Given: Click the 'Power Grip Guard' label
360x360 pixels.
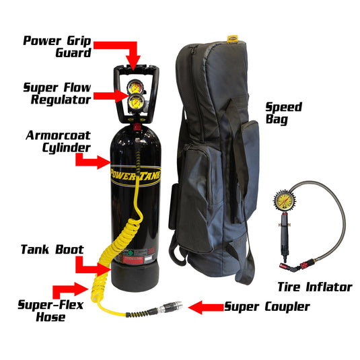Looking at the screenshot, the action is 57,46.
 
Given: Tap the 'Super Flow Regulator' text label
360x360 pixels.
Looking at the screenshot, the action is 57,94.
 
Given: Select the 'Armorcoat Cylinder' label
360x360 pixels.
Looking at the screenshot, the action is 59,142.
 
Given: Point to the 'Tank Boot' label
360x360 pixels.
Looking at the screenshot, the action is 52,250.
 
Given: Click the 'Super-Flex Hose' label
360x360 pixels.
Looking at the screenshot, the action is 50,311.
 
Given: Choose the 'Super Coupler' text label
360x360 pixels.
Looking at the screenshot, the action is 267,307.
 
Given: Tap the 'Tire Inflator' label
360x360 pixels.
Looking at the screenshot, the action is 315,287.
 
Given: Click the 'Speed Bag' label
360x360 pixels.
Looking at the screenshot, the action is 284,114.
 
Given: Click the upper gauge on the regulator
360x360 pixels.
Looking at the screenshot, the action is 135,87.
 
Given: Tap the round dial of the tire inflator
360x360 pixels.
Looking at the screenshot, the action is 285,201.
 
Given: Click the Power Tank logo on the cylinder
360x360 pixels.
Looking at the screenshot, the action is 135,176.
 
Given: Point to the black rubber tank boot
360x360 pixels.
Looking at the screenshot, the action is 135,277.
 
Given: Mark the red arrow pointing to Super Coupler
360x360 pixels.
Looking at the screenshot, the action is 206,308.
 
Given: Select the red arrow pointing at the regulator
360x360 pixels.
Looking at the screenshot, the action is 111,96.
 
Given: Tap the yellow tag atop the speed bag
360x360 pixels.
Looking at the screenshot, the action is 232,38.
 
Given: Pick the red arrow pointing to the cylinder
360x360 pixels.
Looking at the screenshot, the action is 92,161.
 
